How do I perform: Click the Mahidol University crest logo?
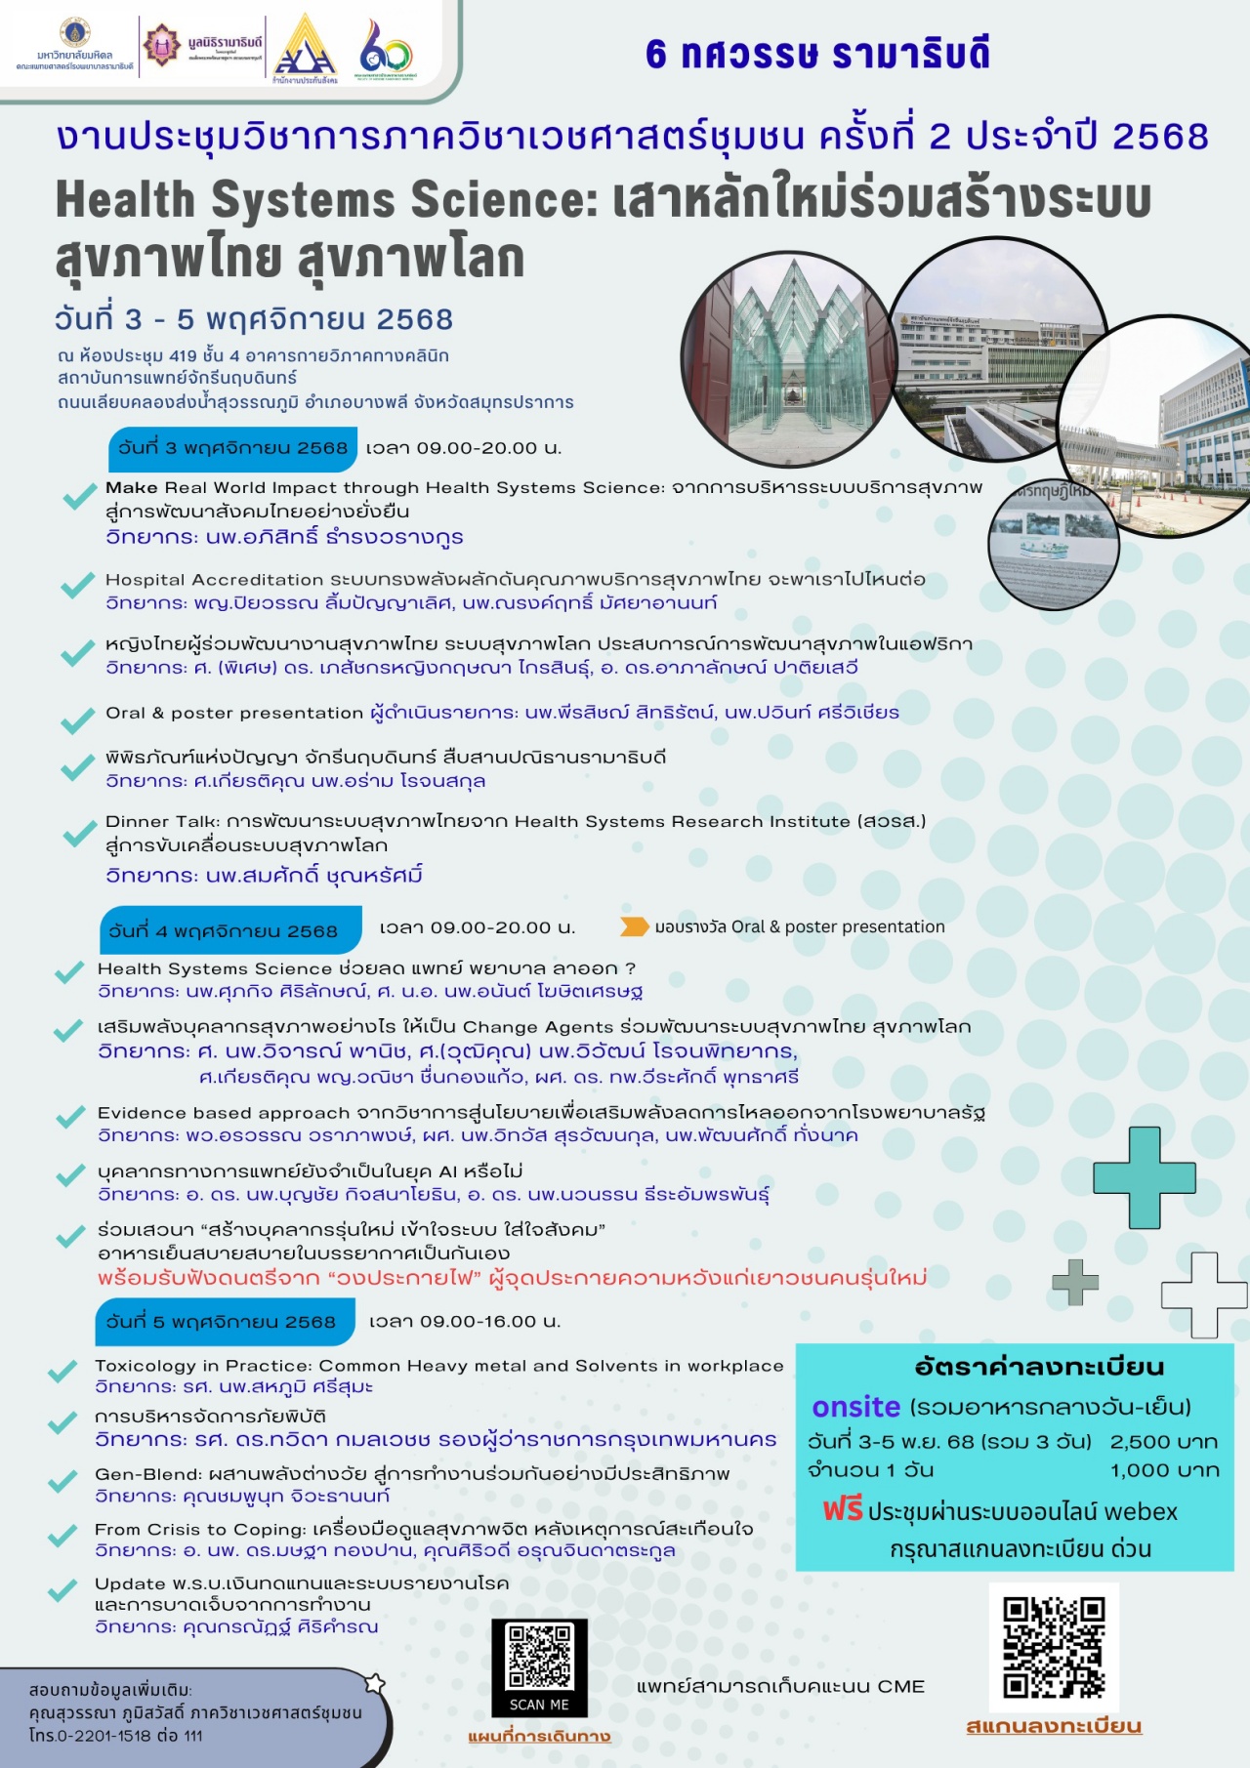(x=74, y=32)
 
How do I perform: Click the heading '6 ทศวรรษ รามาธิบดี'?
(x=817, y=55)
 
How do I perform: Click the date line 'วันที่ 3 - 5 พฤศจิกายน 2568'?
(x=254, y=319)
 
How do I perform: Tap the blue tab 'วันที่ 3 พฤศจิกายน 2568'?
(x=232, y=448)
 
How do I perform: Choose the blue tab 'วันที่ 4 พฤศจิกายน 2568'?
(x=229, y=930)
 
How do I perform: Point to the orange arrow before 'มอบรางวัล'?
(x=634, y=926)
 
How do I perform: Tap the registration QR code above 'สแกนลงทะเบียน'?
(x=1054, y=1647)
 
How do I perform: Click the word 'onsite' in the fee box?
(x=855, y=1407)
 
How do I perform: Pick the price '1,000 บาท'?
(x=1164, y=1470)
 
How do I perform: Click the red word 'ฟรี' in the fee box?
(x=842, y=1510)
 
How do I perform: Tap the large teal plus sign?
(x=1144, y=1177)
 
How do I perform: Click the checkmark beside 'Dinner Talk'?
(x=78, y=836)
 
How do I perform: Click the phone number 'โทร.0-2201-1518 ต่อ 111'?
(x=116, y=1735)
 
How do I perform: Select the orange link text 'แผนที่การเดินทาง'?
(x=539, y=1737)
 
